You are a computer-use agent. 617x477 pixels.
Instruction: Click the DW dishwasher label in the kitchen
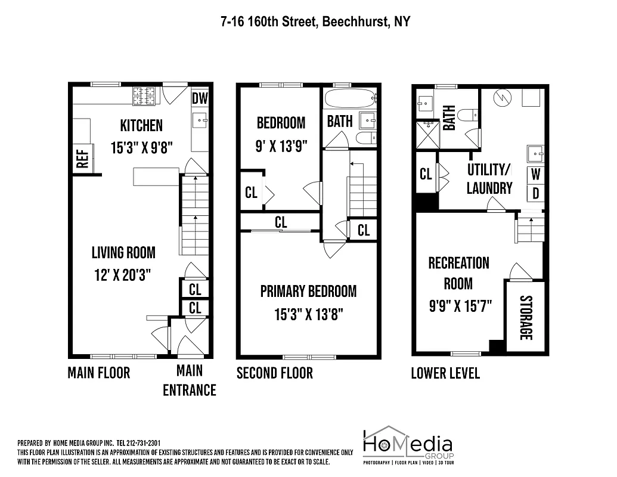200,98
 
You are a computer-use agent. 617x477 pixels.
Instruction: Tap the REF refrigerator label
82,159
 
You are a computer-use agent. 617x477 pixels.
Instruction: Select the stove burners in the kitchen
144,95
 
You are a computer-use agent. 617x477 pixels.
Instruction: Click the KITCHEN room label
141,126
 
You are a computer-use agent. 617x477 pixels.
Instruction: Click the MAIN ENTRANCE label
189,380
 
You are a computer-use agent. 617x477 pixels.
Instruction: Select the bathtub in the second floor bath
349,97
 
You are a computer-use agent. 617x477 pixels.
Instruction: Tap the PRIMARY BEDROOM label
308,292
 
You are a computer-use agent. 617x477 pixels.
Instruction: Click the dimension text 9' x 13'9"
280,146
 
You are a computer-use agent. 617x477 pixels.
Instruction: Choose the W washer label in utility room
535,175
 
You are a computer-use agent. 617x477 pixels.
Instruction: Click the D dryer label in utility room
535,193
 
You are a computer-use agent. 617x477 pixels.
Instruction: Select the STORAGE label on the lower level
525,317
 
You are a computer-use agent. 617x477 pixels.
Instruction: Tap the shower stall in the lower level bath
427,135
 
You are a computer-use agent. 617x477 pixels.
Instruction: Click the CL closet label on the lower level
426,174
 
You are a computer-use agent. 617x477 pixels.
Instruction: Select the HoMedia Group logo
408,445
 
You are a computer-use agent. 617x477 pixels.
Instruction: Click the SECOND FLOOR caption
275,373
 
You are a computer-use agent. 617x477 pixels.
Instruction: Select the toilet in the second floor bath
364,138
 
